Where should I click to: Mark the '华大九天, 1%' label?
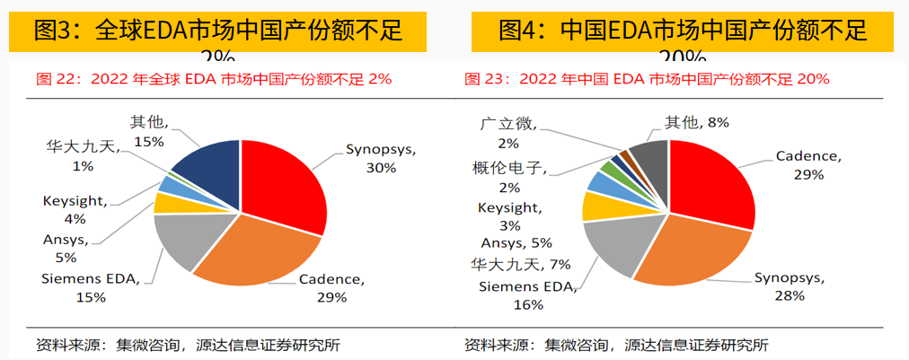(83, 155)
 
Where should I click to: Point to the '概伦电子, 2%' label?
(508, 176)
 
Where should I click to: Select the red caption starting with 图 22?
(214, 79)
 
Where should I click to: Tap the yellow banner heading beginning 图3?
(217, 31)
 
